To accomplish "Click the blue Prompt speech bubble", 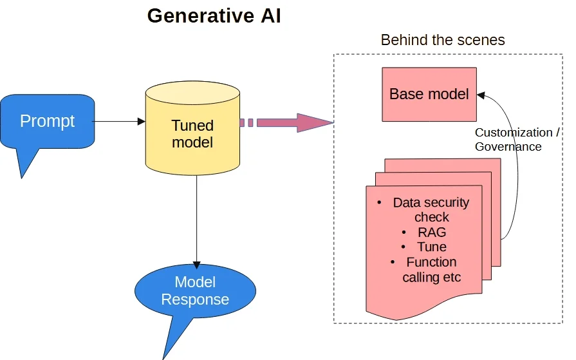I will [x=48, y=121].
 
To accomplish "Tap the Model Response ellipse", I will [x=195, y=291].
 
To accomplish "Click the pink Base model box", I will [x=429, y=94].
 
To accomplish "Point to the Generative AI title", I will [x=214, y=15].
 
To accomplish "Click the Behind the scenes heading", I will [x=443, y=40].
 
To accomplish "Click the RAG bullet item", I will [x=431, y=232].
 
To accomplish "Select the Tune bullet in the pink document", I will [x=431, y=247].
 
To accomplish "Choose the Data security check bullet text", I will [x=431, y=209].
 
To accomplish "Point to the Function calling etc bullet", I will [x=431, y=270].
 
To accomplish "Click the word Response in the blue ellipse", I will [x=195, y=299].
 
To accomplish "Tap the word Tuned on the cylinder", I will [x=192, y=125].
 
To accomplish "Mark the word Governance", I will [x=508, y=146].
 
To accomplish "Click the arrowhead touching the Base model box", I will [x=481, y=95].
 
